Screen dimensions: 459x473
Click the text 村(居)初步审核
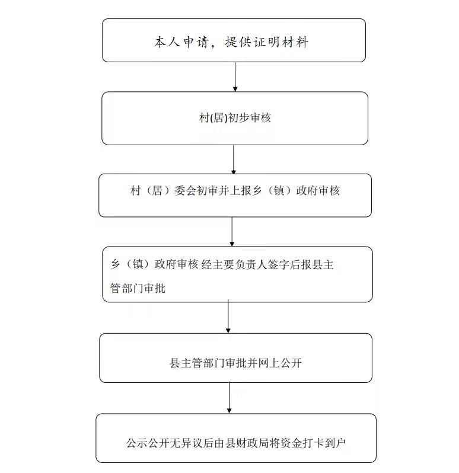click(235, 117)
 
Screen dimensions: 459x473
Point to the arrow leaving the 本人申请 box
click(235, 76)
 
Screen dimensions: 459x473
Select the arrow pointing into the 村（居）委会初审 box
click(233, 159)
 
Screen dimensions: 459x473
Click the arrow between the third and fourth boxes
click(232, 232)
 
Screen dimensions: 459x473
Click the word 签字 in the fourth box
click(279, 264)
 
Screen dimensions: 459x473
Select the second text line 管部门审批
click(138, 289)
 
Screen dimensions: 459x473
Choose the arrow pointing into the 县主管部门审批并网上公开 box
click(228, 317)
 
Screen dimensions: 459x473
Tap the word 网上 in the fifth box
click(269, 363)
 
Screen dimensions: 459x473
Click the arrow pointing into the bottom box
click(229, 398)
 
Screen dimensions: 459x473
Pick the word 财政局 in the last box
click(253, 443)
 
